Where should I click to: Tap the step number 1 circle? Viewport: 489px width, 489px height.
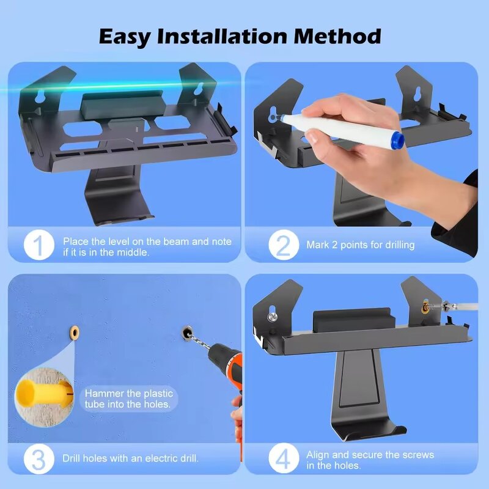tap(39, 246)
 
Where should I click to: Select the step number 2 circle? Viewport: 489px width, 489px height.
tap(283, 246)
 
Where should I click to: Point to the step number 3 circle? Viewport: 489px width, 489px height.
tap(39, 458)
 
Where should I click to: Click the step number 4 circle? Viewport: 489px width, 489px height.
tap(283, 458)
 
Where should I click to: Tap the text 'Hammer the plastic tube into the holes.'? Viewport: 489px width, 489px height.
tap(130, 399)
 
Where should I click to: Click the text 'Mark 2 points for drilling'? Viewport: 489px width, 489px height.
tap(361, 245)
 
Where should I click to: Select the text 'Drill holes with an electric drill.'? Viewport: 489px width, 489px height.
tap(130, 458)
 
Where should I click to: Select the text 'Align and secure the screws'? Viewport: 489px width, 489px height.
tap(370, 454)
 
